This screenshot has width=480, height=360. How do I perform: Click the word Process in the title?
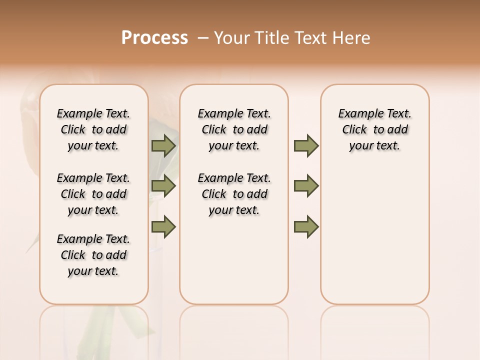154,38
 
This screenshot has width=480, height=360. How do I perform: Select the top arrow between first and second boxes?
163,146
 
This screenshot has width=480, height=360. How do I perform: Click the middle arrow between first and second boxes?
163,186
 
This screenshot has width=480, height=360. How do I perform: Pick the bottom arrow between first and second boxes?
163,227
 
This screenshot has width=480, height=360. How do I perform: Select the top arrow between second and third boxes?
306,146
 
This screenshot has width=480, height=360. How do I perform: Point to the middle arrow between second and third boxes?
306,186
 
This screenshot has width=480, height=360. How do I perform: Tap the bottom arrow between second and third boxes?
306,227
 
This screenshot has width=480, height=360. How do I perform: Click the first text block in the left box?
93,129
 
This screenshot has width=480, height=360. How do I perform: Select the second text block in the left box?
93,194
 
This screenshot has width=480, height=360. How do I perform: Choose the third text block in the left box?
93,255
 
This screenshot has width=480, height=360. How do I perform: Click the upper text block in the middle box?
234,129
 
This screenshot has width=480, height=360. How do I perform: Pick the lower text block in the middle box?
234,194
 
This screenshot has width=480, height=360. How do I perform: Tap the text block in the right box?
375,129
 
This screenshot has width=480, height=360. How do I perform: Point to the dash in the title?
203,38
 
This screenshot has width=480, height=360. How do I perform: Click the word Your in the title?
231,38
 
